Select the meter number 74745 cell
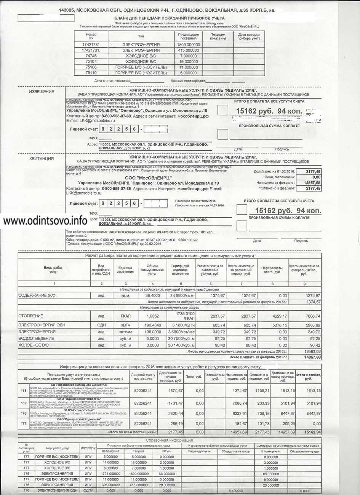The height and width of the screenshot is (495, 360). (x=91, y=56)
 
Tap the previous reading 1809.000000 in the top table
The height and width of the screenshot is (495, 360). (x=188, y=45)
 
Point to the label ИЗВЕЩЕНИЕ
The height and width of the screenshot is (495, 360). (x=42, y=92)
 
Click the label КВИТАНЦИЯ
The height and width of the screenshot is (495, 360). (x=42, y=158)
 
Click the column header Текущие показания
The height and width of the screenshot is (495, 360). (x=218, y=36)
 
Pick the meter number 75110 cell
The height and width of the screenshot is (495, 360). (x=91, y=72)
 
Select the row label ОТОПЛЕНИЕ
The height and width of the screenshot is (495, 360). (x=31, y=316)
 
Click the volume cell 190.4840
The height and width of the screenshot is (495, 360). (x=152, y=325)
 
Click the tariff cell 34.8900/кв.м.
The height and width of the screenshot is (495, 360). (x=180, y=295)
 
